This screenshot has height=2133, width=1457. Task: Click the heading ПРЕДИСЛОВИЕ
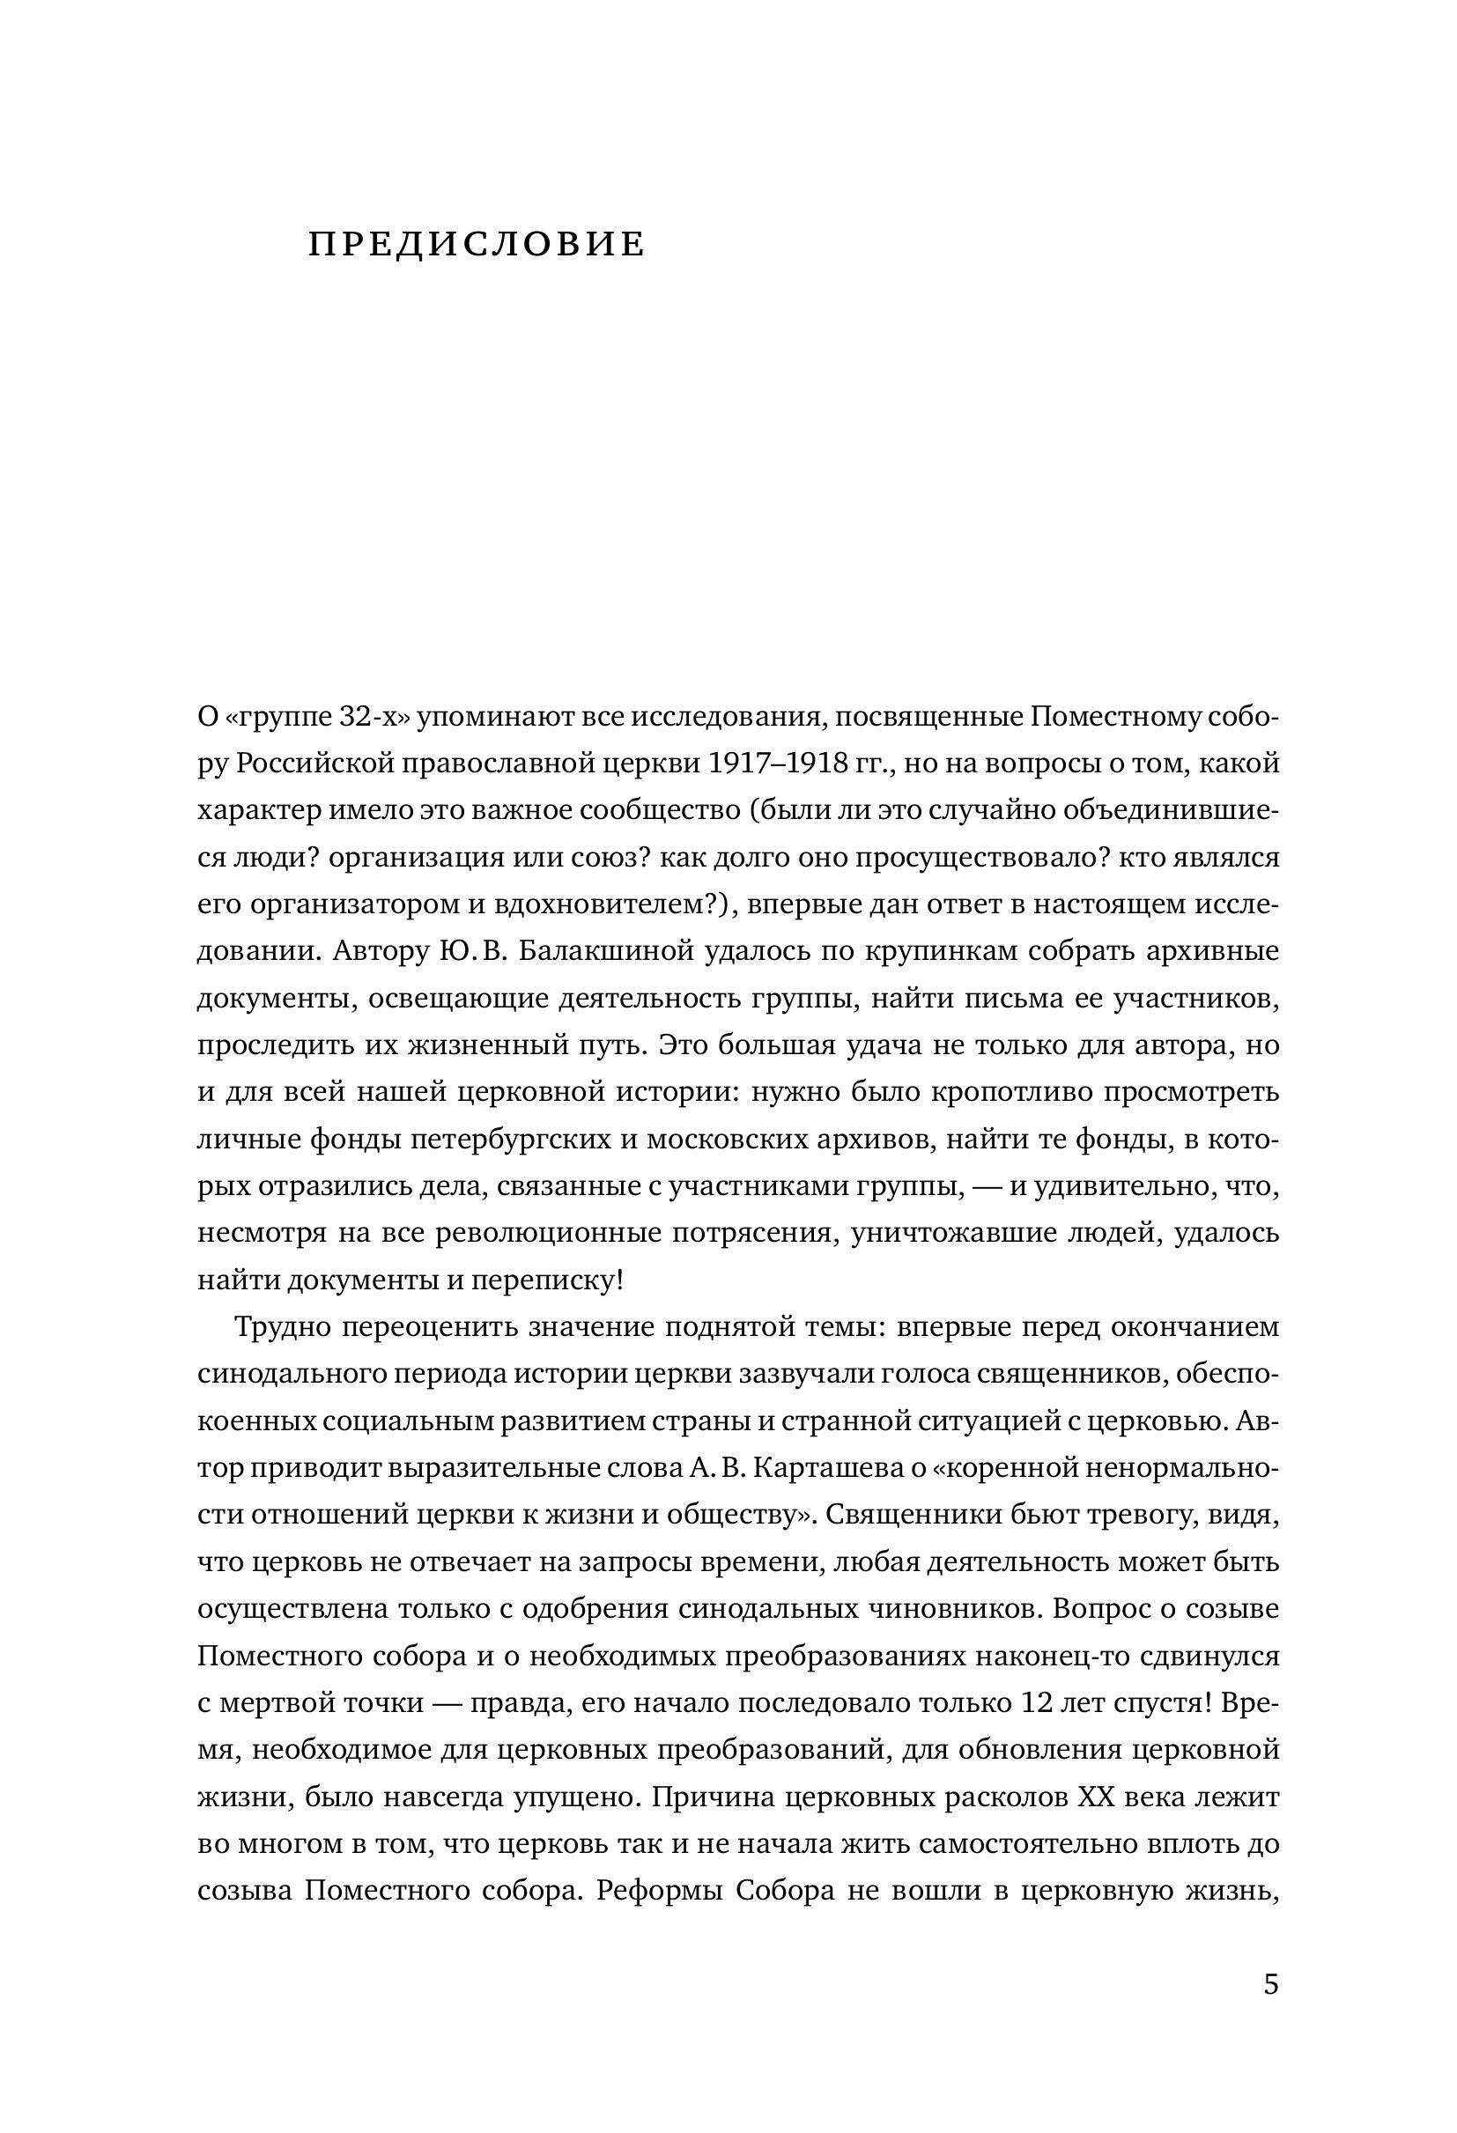[x=477, y=244]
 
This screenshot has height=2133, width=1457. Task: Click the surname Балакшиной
[x=609, y=951]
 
